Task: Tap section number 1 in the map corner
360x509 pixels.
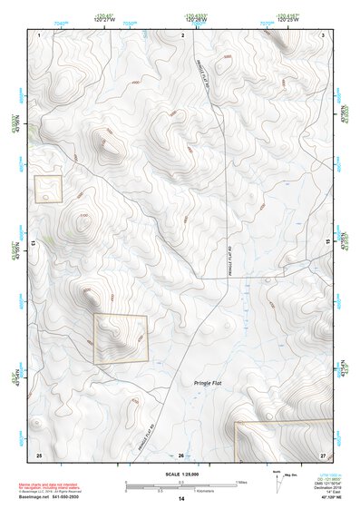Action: click(x=41, y=34)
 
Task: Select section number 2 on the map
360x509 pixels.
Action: click(x=183, y=34)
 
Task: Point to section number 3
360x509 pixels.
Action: click(x=323, y=34)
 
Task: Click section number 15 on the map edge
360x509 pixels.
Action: click(x=328, y=243)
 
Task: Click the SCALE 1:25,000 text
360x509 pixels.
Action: click(x=181, y=475)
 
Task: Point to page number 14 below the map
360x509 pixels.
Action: click(x=181, y=499)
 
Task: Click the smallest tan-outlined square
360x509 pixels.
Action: click(x=48, y=189)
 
